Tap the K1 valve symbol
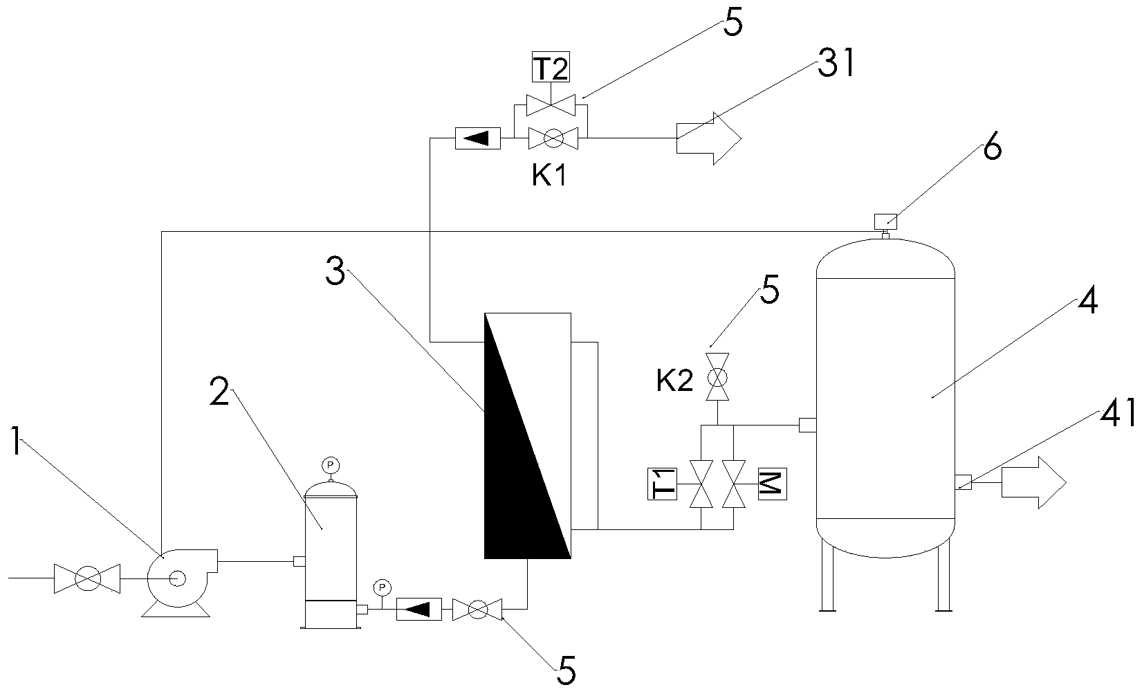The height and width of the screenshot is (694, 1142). [553, 138]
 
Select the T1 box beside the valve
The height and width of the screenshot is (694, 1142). [661, 484]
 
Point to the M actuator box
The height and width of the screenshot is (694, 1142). [771, 484]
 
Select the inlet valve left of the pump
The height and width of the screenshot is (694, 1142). [87, 578]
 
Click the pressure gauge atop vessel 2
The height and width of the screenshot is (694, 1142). [331, 464]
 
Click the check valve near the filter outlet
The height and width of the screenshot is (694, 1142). [418, 610]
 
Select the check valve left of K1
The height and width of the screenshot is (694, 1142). [478, 138]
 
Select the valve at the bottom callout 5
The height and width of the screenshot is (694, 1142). [477, 610]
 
